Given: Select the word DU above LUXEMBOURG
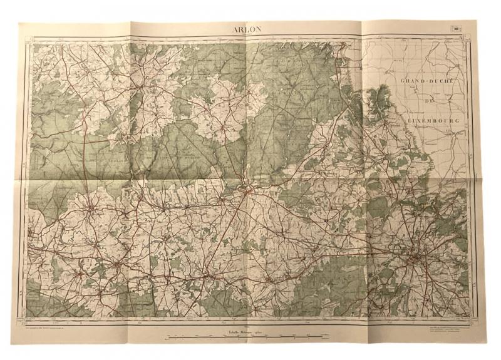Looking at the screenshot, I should pyautogui.click(x=429, y=100).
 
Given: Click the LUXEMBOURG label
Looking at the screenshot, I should pyautogui.click(x=433, y=119).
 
